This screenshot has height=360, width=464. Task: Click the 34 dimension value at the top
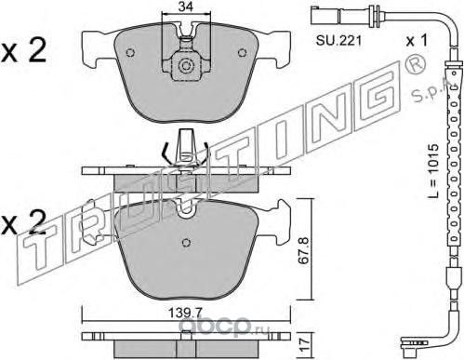[x=186, y=7]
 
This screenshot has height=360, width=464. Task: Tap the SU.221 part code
[x=338, y=41]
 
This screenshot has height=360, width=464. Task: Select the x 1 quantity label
[x=417, y=40]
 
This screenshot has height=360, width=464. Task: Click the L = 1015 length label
[x=432, y=170]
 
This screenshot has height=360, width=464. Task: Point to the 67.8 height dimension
[x=303, y=250]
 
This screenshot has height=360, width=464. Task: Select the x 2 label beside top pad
[x=24, y=49]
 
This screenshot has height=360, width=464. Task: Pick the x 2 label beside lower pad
[x=24, y=221]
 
